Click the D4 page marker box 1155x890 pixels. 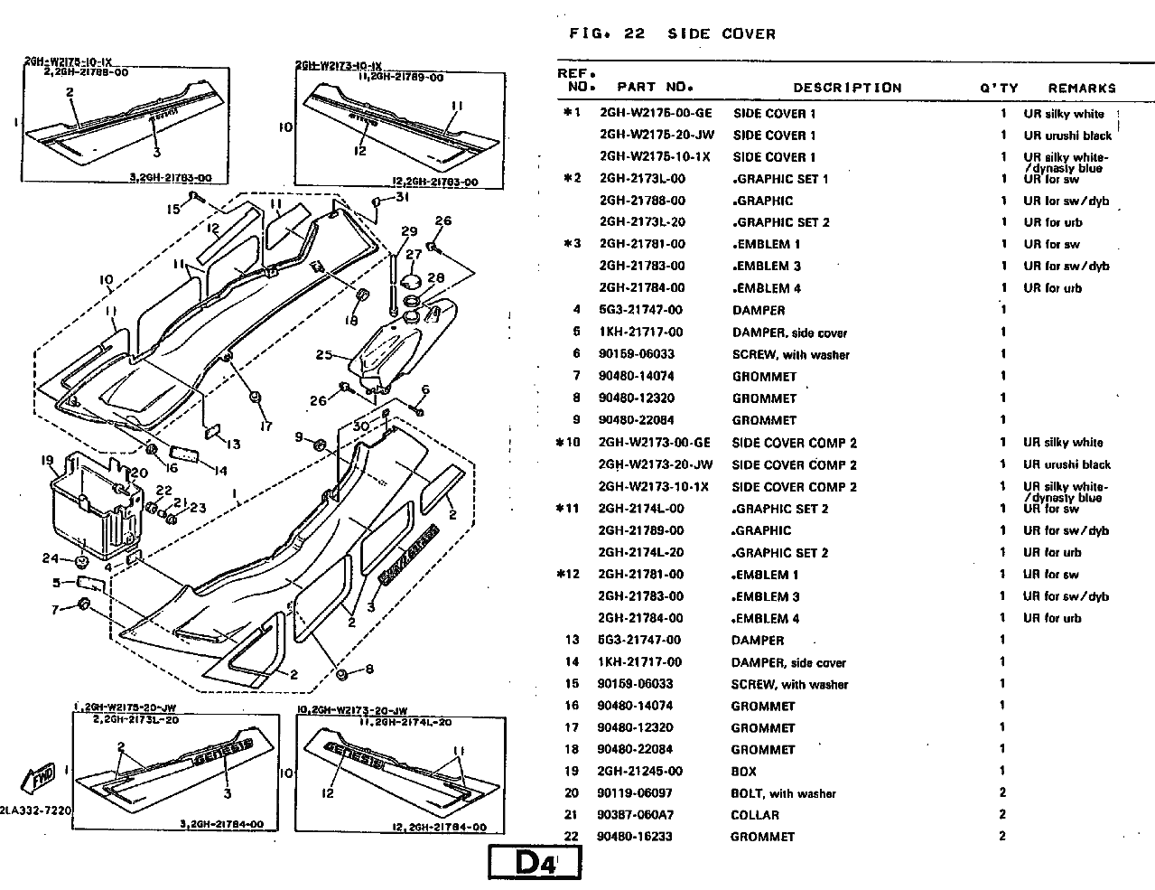[x=534, y=864]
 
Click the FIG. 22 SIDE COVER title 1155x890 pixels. [x=672, y=34]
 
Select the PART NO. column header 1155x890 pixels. [x=655, y=88]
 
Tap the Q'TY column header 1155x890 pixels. [x=999, y=89]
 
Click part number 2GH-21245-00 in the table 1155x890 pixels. [x=641, y=772]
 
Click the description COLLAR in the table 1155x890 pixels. [x=756, y=815]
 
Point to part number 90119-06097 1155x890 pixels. [x=641, y=793]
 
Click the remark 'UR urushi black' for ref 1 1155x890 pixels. [x=1067, y=136]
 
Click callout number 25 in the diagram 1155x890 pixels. [x=324, y=355]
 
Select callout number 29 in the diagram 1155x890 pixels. [x=409, y=231]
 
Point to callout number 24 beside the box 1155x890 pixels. [x=50, y=558]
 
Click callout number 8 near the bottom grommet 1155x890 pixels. [x=368, y=670]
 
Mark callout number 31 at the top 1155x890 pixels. [x=402, y=199]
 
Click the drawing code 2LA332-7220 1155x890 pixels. [x=36, y=810]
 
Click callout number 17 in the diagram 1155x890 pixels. [x=265, y=426]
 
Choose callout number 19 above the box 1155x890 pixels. [x=48, y=461]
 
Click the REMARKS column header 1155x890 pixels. [x=1082, y=89]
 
